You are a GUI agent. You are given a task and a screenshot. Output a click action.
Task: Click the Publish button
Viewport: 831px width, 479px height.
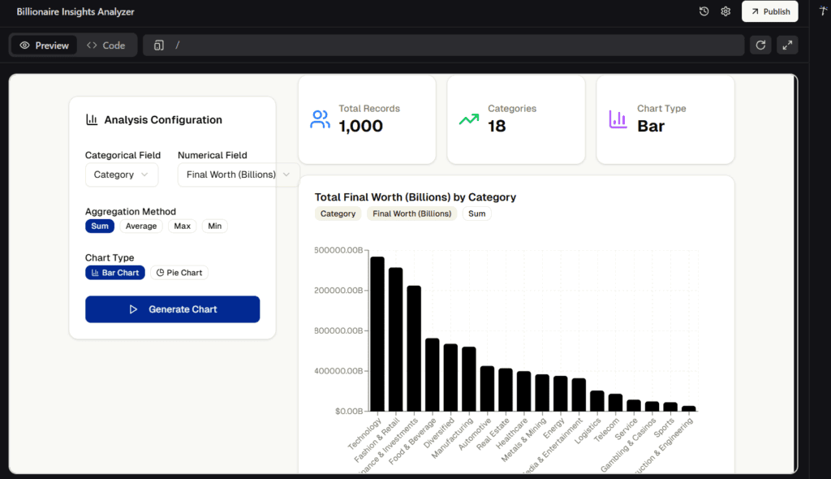pyautogui.click(x=769, y=11)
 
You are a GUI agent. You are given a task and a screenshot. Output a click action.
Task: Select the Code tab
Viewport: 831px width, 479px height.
pyautogui.click(x=105, y=45)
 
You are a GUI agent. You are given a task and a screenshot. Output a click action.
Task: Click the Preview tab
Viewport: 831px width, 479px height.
pyautogui.click(x=45, y=45)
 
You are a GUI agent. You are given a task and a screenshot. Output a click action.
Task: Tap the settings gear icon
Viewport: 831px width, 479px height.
pyautogui.click(x=726, y=11)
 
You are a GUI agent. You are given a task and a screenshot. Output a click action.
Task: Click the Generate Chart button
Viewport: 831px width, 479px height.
pyautogui.click(x=172, y=309)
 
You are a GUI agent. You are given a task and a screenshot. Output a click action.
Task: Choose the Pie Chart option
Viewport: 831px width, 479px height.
pyautogui.click(x=179, y=273)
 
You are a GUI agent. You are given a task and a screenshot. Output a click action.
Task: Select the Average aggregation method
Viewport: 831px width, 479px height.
pyautogui.click(x=141, y=227)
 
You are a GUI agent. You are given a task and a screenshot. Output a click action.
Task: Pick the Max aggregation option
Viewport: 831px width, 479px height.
pyautogui.click(x=183, y=227)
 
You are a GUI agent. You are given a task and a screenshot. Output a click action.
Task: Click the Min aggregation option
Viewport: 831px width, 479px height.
pyautogui.click(x=215, y=227)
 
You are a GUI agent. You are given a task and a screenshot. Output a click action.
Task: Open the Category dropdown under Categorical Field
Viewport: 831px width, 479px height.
pyautogui.click(x=121, y=175)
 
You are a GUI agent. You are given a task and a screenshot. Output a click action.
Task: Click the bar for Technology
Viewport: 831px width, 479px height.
pyautogui.click(x=377, y=334)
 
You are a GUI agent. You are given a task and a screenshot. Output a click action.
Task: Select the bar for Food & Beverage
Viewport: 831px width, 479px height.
pyautogui.click(x=433, y=374)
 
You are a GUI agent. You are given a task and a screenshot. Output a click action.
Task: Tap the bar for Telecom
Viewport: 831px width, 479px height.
pyautogui.click(x=615, y=402)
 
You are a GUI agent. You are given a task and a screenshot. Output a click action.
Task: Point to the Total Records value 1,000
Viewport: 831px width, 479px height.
pyautogui.click(x=360, y=126)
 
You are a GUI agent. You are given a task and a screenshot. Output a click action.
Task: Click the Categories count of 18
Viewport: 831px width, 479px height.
pyautogui.click(x=497, y=126)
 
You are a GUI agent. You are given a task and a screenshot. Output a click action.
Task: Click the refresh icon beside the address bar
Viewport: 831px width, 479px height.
pyautogui.click(x=760, y=45)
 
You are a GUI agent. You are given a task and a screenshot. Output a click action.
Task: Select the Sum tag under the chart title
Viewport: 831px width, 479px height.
pyautogui.click(x=476, y=214)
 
